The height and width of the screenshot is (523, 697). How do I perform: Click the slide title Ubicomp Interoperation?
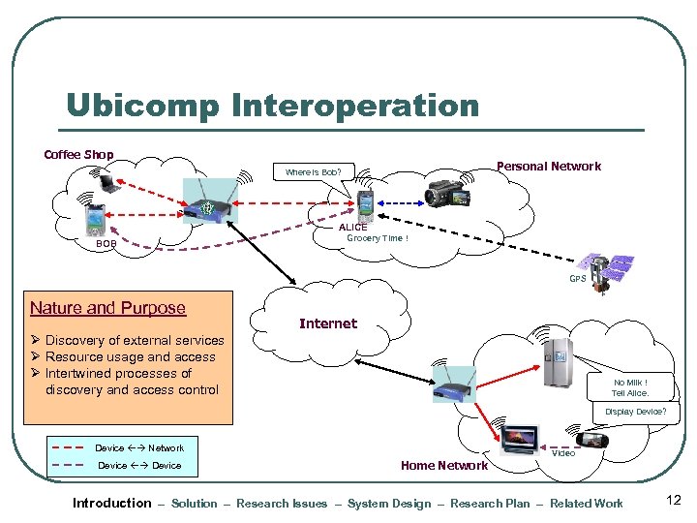[x=272, y=106]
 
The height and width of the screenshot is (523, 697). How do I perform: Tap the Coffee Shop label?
[x=78, y=154]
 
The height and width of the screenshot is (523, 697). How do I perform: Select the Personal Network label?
[x=548, y=166]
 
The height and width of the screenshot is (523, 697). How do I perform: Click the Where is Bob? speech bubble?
[x=313, y=173]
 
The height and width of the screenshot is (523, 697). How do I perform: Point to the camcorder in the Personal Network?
[x=446, y=194]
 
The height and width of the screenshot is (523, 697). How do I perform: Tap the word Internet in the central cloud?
[x=327, y=323]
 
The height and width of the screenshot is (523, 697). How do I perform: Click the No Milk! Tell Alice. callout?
[x=629, y=387]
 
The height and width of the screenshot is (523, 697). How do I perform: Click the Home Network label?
[x=443, y=466]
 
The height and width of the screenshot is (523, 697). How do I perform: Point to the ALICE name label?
[x=352, y=227]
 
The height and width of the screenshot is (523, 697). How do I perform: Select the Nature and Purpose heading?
[x=107, y=308]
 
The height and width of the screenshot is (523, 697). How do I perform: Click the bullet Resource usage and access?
[x=130, y=356]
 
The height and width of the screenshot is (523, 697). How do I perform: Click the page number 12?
[x=674, y=501]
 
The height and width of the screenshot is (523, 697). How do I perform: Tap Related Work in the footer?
[x=587, y=503]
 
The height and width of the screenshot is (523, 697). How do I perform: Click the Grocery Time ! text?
[x=378, y=238]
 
